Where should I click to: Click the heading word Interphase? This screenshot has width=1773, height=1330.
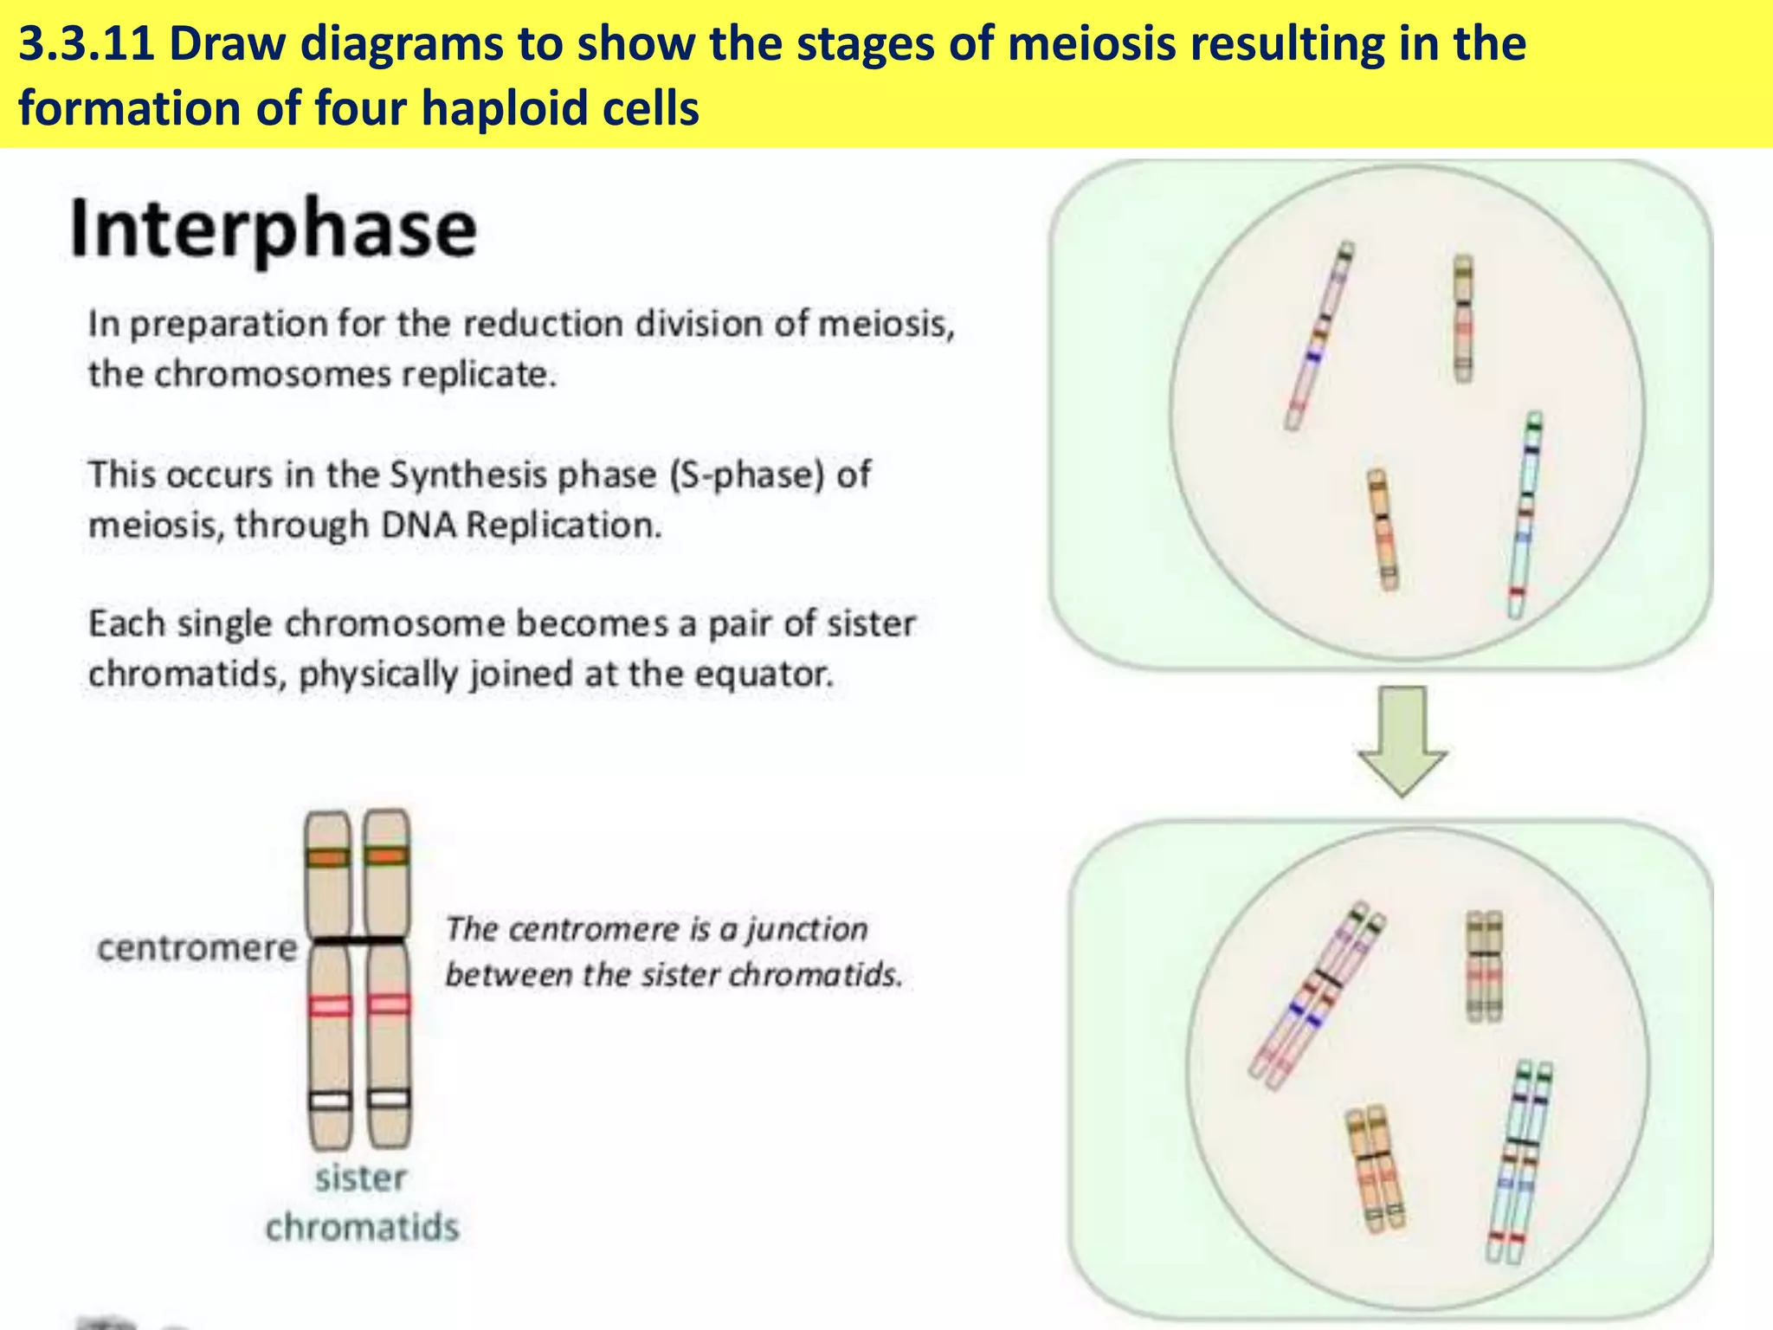[x=273, y=229]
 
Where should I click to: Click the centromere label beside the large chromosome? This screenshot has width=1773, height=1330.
[x=197, y=947]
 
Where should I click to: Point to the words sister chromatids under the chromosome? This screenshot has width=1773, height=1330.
[x=361, y=1203]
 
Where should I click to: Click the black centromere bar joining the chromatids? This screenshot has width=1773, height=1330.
[x=358, y=940]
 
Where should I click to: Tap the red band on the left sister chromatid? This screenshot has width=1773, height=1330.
[x=330, y=1005]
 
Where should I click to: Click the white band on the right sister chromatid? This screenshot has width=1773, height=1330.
[x=388, y=1099]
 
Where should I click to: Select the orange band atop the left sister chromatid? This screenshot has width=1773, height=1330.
[x=328, y=857]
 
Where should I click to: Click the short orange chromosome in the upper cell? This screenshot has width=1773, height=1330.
[x=1383, y=530]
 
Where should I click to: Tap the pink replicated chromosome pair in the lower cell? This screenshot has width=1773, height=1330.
[x=1317, y=997]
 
